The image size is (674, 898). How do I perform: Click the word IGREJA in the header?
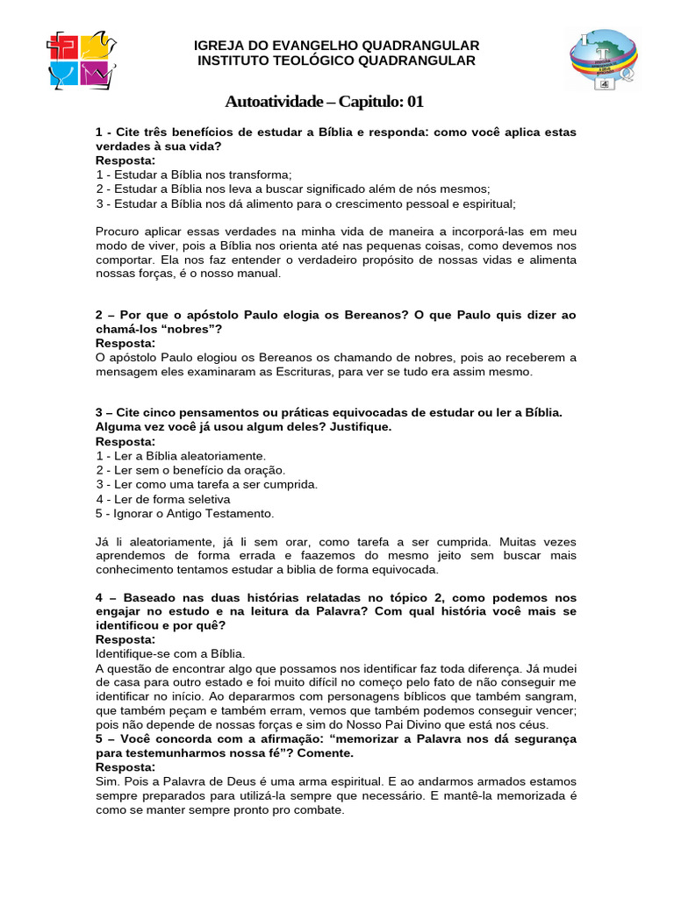coord(217,46)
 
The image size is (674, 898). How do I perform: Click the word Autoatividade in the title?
coord(274,102)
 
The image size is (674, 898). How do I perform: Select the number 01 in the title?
coord(414,102)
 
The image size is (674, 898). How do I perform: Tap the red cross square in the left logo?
coord(63,47)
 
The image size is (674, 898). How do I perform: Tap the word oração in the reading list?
coord(265,470)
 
